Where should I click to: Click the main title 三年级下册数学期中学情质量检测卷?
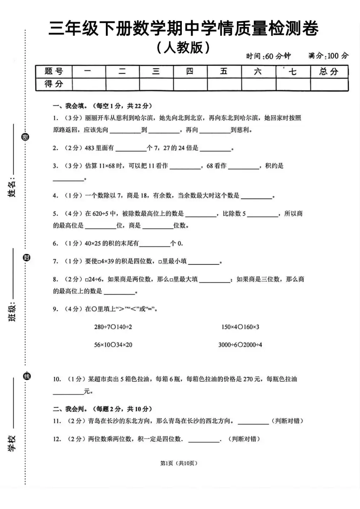pos(183,28)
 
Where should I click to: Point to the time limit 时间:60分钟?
pos(268,56)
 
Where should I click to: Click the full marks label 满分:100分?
pos(328,55)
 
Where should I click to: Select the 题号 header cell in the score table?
pos(54,71)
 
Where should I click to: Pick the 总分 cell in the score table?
pos(329,71)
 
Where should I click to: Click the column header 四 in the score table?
pos(190,71)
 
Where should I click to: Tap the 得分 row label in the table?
pos(54,84)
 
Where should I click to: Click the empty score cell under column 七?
pos(293,84)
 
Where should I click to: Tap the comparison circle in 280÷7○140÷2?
pos(113,327)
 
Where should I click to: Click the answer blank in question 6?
pos(154,244)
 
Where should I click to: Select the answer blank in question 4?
pos(256,196)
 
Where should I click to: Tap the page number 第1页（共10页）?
pos(179,463)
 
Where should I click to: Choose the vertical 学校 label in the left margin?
pos(12,443)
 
